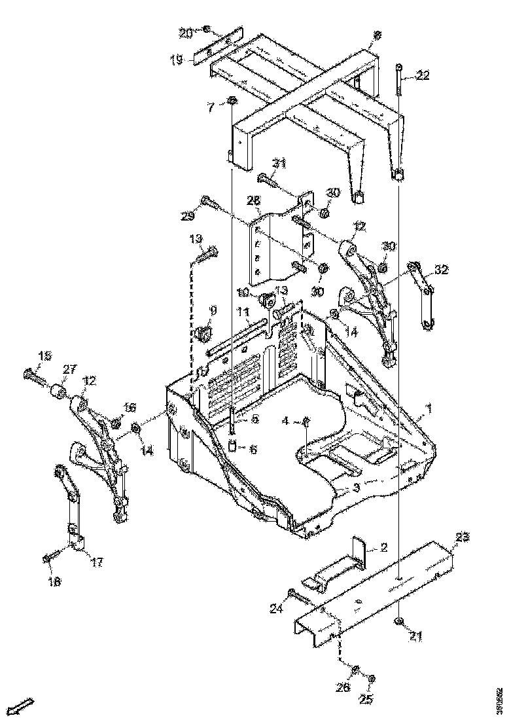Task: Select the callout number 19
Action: tap(177, 60)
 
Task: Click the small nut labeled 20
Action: tap(205, 29)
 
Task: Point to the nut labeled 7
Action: tap(232, 101)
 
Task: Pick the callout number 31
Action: tap(280, 163)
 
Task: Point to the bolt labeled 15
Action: tap(33, 376)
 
